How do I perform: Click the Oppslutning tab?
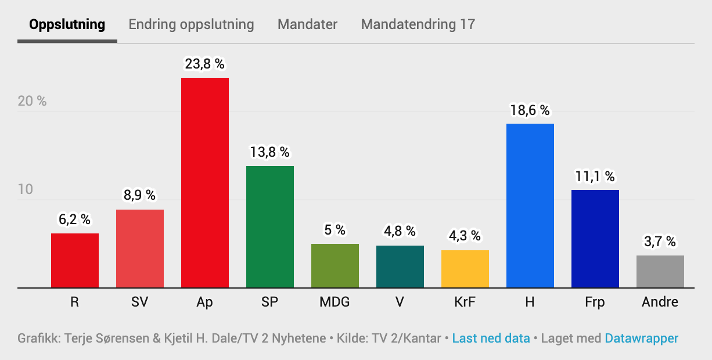[x=67, y=24]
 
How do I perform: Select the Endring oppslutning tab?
[x=191, y=24]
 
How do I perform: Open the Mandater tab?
[x=307, y=24]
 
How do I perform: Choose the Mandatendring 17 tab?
[x=418, y=24]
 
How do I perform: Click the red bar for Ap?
[x=205, y=183]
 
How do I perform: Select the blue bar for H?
[x=530, y=206]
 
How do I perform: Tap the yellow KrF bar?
[x=465, y=269]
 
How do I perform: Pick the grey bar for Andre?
[x=660, y=272]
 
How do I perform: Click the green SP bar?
[x=270, y=227]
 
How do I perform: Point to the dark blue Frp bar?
[x=595, y=239]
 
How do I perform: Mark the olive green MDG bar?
[x=335, y=266]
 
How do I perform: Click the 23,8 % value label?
[x=204, y=64]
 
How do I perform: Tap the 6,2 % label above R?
[x=74, y=219]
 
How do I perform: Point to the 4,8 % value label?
[x=400, y=231]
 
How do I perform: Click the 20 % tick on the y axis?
[x=32, y=101]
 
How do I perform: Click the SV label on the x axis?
[x=140, y=303]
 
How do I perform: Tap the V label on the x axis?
[x=400, y=303]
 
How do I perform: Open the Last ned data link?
[x=491, y=338]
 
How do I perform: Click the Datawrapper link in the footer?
[x=641, y=338]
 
